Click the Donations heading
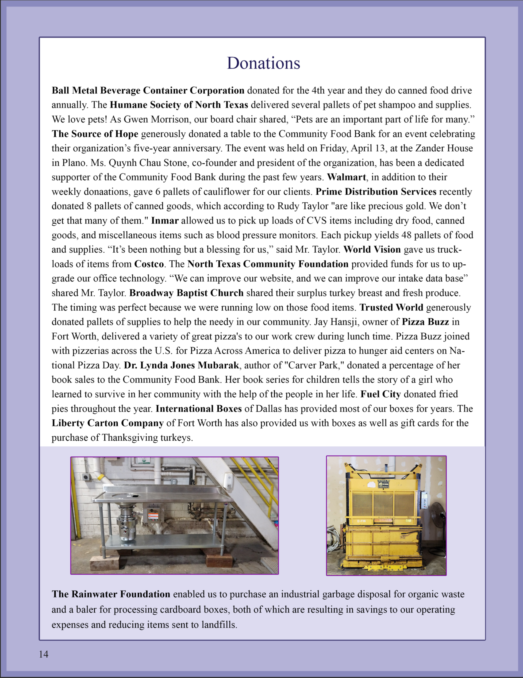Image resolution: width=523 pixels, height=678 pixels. (x=264, y=63)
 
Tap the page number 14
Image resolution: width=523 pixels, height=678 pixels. (x=44, y=654)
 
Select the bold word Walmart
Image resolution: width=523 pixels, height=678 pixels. (x=346, y=177)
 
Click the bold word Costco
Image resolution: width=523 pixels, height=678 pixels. (x=149, y=264)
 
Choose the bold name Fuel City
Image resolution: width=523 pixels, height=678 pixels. (x=380, y=394)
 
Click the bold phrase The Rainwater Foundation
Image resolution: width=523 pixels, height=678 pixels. (x=111, y=594)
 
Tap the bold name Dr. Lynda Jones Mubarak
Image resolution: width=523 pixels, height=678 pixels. (x=181, y=365)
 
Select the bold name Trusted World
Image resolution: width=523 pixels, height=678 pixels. (x=391, y=307)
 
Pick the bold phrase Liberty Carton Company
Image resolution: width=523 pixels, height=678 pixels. (x=107, y=423)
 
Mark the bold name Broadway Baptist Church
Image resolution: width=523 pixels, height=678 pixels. (x=186, y=293)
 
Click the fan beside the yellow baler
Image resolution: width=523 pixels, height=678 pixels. (x=438, y=515)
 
